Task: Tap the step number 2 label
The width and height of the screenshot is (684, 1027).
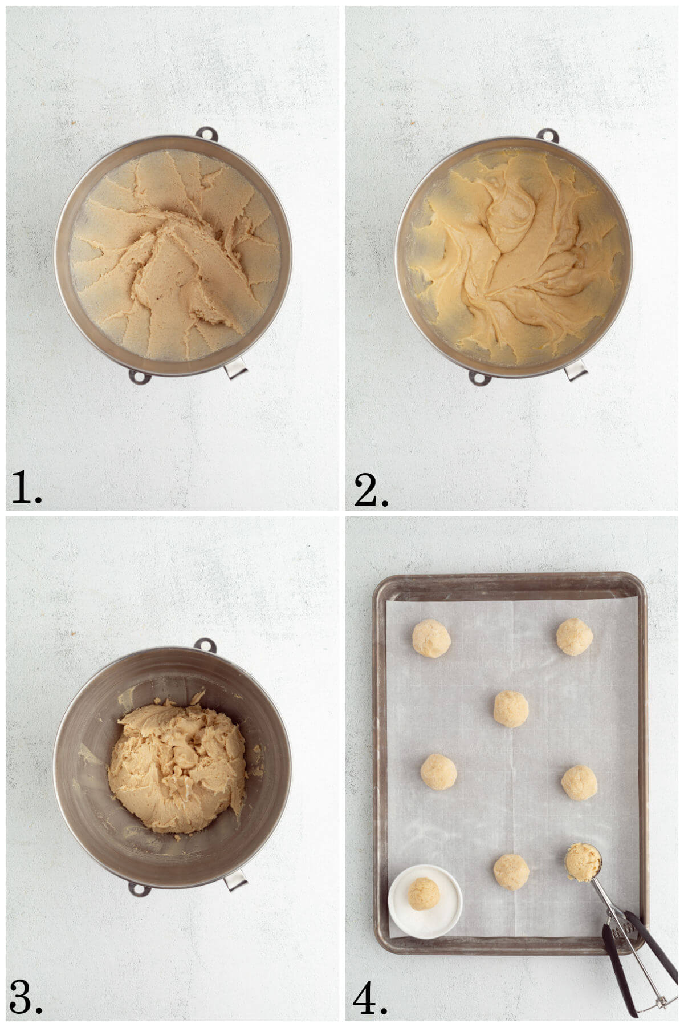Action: point(370,489)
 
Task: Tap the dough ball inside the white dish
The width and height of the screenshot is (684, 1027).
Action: point(424,893)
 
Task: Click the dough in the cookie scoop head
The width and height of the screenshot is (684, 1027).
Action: point(583,862)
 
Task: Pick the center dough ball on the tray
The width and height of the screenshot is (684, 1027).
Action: point(511,709)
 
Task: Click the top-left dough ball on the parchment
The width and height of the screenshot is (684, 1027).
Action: point(431,638)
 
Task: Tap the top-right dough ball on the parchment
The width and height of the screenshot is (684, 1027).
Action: point(575,637)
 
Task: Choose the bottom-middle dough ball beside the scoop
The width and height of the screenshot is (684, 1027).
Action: point(511,872)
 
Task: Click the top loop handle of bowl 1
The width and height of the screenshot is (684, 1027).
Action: point(207,134)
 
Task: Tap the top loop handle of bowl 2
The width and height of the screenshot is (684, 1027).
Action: point(548,136)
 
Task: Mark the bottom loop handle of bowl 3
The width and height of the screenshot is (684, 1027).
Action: point(139,888)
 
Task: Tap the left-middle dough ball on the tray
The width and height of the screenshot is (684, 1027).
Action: point(438,772)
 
